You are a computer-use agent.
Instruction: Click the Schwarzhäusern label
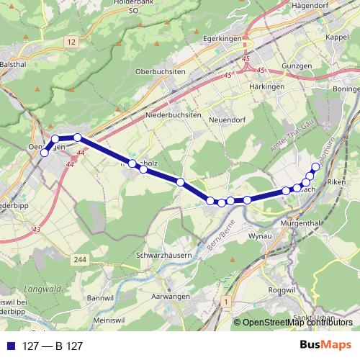coord(166,256)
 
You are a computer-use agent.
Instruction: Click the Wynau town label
coord(258,235)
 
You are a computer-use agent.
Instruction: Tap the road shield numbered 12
coord(70,43)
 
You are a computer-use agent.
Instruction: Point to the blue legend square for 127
coord(9,346)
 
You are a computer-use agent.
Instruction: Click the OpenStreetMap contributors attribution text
coord(298,323)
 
